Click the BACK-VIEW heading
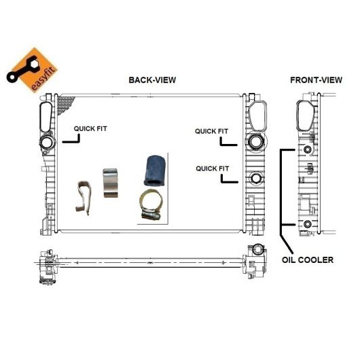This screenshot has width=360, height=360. point(152,80)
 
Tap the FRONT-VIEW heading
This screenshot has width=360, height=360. point(316,80)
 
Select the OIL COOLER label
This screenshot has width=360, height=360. point(308,260)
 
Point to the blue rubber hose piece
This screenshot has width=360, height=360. point(155,170)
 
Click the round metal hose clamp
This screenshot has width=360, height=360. point(151,204)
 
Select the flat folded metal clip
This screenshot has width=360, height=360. point(111,183)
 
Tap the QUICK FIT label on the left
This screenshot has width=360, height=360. point(90,129)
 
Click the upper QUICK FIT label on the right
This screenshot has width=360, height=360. point(211,131)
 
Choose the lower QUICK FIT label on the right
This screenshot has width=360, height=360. point(213,168)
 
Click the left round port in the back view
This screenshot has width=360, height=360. point(47,143)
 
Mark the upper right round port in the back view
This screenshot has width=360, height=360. point(255,141)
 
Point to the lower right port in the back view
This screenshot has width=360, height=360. point(255,178)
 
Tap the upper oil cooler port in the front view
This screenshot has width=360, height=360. point(308,150)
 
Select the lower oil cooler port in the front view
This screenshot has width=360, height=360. point(308,224)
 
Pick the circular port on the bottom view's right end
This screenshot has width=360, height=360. point(258,249)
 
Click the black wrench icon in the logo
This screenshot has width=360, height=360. point(22,69)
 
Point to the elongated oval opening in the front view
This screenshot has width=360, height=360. point(305,116)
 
